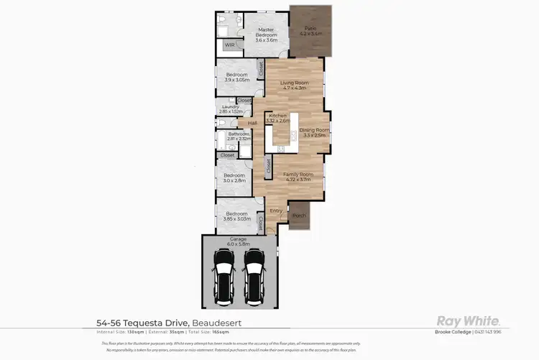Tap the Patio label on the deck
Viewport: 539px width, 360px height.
click(x=310, y=31)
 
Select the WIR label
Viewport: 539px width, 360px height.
click(x=229, y=45)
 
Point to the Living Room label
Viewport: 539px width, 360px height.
click(x=294, y=86)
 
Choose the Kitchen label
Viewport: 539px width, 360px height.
click(x=277, y=119)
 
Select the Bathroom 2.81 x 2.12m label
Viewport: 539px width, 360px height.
click(x=239, y=136)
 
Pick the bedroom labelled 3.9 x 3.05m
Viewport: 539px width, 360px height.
click(x=236, y=77)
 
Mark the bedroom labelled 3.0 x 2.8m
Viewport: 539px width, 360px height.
click(x=234, y=178)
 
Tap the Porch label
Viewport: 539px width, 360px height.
click(x=299, y=215)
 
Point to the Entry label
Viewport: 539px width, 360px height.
click(x=275, y=211)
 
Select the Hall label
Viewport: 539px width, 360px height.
click(x=252, y=124)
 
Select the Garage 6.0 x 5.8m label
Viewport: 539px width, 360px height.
click(x=238, y=241)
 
